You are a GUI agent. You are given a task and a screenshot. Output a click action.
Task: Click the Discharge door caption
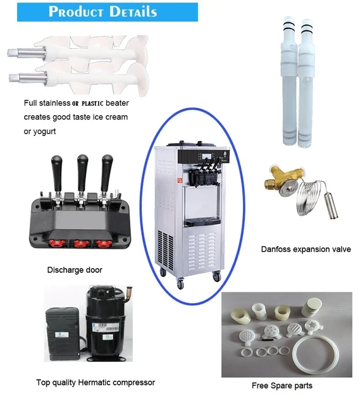75,270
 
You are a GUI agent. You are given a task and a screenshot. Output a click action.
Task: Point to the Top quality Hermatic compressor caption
95,382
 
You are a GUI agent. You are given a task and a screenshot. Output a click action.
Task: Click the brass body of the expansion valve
282,184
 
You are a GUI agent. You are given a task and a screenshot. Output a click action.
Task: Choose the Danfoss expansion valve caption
306,249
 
